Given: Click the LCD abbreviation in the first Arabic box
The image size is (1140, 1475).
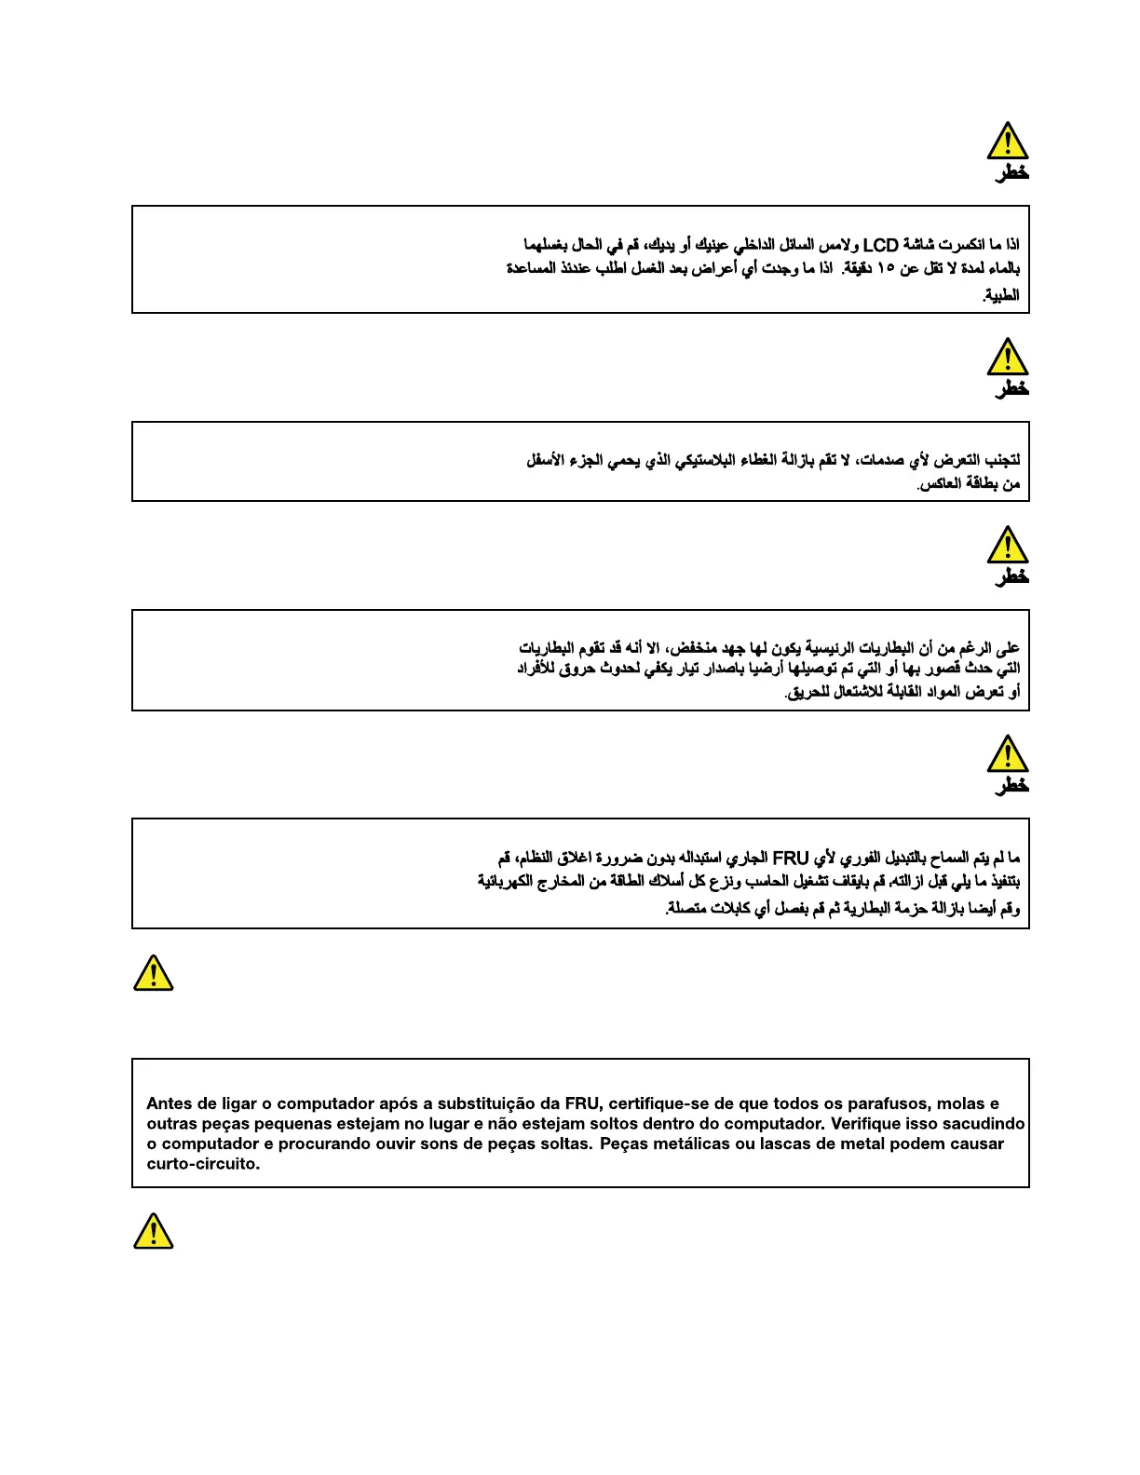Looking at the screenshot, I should click(x=880, y=245).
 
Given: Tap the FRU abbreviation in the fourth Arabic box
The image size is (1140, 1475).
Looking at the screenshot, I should click(x=791, y=858).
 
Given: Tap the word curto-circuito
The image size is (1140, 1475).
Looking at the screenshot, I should click(x=203, y=1164).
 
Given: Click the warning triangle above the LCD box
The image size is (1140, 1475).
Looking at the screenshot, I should click(x=1007, y=142).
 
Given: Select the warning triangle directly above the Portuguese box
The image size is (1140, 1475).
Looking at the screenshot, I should click(x=153, y=973).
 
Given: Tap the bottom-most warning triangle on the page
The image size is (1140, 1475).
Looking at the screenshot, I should click(x=153, y=1231).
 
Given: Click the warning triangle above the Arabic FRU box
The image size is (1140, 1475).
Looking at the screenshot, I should click(x=1007, y=754).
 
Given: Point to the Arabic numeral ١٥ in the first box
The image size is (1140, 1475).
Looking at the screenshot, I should click(x=885, y=269).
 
